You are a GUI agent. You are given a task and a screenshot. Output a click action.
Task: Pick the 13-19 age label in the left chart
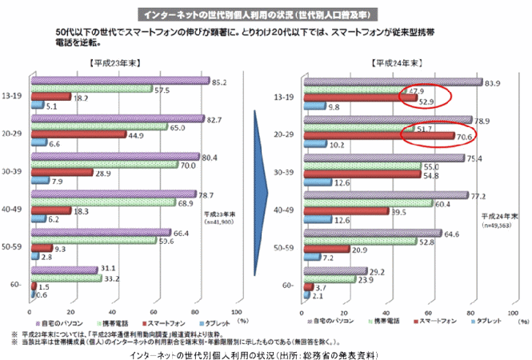click(14, 94)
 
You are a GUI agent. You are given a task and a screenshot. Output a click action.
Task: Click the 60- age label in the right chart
click(290, 285)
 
